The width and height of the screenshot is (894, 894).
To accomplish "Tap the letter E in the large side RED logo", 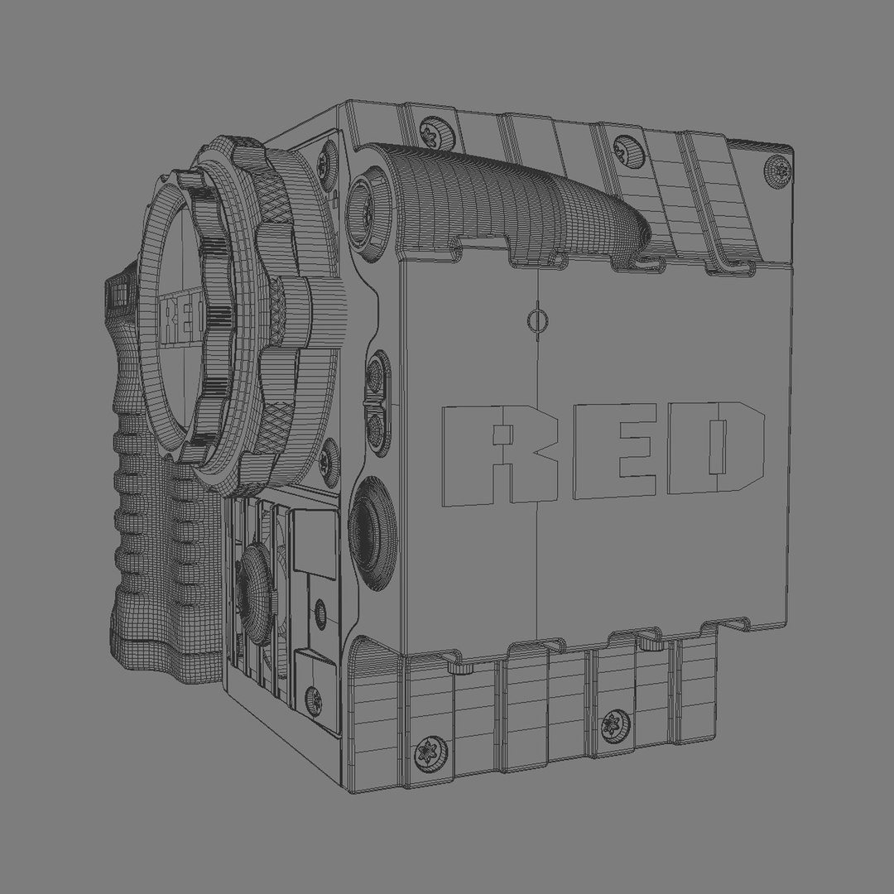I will coord(611,451).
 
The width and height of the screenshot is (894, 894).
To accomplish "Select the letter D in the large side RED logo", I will coord(717,448).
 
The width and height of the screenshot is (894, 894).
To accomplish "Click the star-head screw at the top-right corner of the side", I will coord(779,171).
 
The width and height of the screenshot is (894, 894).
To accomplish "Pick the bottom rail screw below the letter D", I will coord(614,725).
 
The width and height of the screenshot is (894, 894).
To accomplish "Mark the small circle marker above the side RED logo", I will coord(538,320).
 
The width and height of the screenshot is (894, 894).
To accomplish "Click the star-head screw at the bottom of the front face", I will coord(314,700).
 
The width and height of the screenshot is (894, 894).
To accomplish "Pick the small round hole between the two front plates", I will coord(320,613).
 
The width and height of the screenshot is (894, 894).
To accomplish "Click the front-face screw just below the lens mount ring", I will coord(329,454).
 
